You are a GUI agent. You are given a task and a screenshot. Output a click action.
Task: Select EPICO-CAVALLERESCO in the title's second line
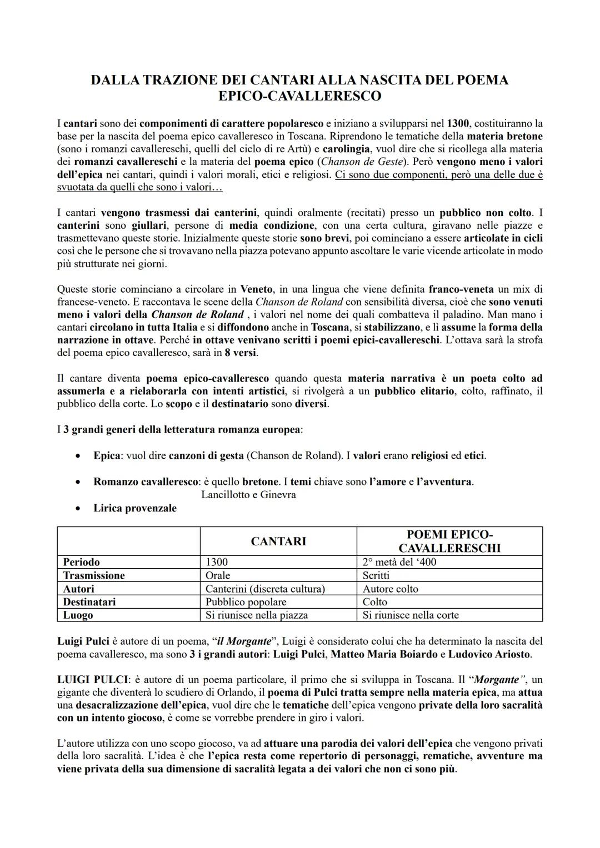click(299, 96)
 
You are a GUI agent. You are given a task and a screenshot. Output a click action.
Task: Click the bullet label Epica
click(107, 455)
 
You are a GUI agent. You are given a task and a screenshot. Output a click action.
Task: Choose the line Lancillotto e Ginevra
click(248, 494)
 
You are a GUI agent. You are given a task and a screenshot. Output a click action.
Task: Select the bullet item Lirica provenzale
click(134, 508)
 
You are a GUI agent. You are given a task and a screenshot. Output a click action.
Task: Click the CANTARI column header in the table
click(278, 541)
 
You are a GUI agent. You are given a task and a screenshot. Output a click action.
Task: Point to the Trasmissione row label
click(94, 575)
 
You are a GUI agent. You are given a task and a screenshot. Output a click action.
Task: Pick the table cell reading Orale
click(218, 575)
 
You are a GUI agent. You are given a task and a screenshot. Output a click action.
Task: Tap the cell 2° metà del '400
click(399, 562)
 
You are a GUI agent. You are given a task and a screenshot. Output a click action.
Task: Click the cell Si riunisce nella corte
click(411, 615)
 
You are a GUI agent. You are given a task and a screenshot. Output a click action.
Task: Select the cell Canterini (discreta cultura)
click(265, 589)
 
